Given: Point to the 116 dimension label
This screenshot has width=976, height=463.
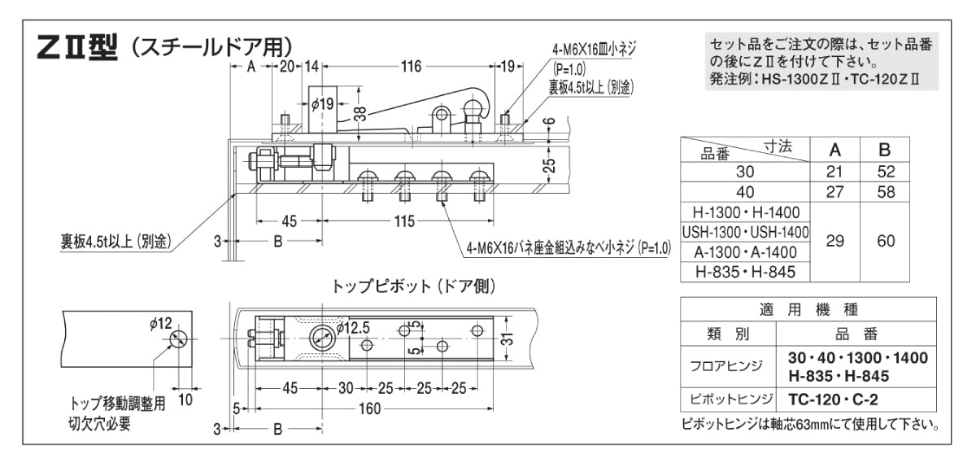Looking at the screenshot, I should (x=412, y=67).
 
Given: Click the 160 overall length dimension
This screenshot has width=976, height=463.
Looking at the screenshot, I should (x=370, y=408).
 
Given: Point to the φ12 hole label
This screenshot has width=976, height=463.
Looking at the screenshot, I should (x=160, y=324).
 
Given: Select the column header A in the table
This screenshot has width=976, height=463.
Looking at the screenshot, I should (x=834, y=150).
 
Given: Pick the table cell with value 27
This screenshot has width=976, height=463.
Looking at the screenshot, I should (x=834, y=194).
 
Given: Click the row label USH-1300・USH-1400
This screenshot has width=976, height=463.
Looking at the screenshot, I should (x=746, y=233).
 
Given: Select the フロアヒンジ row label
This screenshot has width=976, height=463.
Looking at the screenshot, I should (x=729, y=366).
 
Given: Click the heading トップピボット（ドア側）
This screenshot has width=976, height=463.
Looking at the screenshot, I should (x=414, y=286).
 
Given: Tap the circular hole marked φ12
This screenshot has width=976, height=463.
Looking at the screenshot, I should (x=179, y=339).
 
